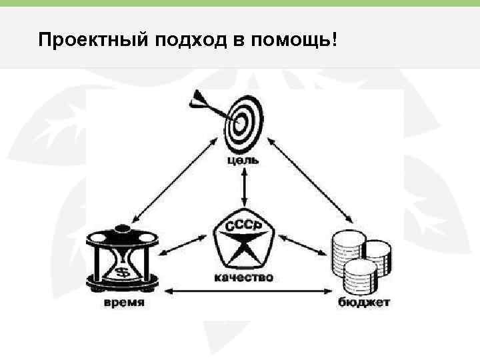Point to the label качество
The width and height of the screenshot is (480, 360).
pos(243,277)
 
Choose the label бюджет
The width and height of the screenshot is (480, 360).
pos(363,303)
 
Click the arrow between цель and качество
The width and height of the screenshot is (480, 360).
pos(245,187)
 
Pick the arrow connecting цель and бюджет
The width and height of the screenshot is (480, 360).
pos(312,180)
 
